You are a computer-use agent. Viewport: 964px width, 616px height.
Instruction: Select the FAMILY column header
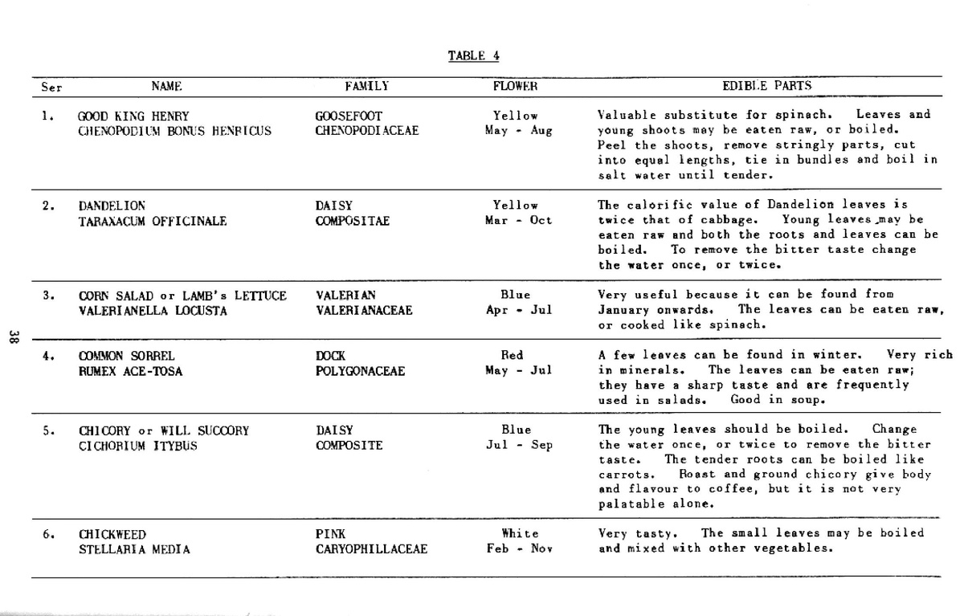(x=367, y=86)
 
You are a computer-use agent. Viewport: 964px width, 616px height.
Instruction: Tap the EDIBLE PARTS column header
(x=767, y=86)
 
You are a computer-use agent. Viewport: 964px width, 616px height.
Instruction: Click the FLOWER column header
(x=515, y=86)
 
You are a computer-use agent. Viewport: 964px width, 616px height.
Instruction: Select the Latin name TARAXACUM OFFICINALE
(x=153, y=220)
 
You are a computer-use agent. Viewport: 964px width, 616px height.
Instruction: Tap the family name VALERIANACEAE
(x=364, y=310)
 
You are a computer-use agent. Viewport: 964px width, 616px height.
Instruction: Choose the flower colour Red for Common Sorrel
(x=512, y=355)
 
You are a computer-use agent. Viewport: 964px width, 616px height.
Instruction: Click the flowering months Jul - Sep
(x=519, y=445)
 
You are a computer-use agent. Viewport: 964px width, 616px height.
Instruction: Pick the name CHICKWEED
(x=112, y=534)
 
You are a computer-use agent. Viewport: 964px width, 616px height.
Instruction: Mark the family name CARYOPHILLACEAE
(x=371, y=549)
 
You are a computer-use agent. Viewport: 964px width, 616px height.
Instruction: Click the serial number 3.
(x=47, y=295)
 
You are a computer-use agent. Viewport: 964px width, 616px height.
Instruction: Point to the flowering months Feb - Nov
(x=519, y=549)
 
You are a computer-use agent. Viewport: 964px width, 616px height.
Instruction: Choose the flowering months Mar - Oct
(x=519, y=220)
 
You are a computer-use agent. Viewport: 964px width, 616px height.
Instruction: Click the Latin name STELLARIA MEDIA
(x=135, y=549)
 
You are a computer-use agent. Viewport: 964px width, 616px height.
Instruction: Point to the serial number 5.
(x=47, y=430)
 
